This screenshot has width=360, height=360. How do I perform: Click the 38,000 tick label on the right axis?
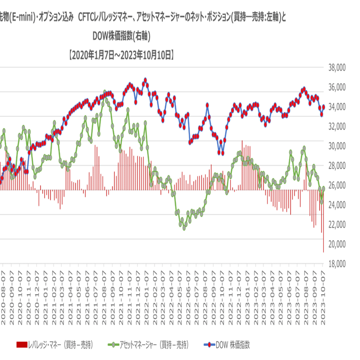coord(337,68)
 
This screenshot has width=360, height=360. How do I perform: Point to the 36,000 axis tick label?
coord(337,87)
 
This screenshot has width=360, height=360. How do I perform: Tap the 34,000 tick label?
coord(337,107)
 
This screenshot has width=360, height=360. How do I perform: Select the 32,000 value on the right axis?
coord(337,126)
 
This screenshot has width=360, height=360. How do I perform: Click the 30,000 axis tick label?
coord(337,146)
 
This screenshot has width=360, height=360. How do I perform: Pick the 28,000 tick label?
coord(337,165)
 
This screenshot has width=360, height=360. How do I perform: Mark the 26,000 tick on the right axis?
coord(337,185)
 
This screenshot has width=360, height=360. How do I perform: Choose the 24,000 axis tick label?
coord(337,204)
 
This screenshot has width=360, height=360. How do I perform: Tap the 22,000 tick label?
coord(337,224)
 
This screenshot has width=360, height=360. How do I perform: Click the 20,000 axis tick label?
coord(337,243)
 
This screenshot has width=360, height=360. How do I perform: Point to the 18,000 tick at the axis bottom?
coord(337,263)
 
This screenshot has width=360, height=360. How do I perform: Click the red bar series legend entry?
coord(54,345)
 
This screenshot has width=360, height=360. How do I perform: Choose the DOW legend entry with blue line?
coord(227,345)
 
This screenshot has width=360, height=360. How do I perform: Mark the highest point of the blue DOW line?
coord(145,80)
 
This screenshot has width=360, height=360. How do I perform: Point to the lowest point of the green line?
coord(184,228)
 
